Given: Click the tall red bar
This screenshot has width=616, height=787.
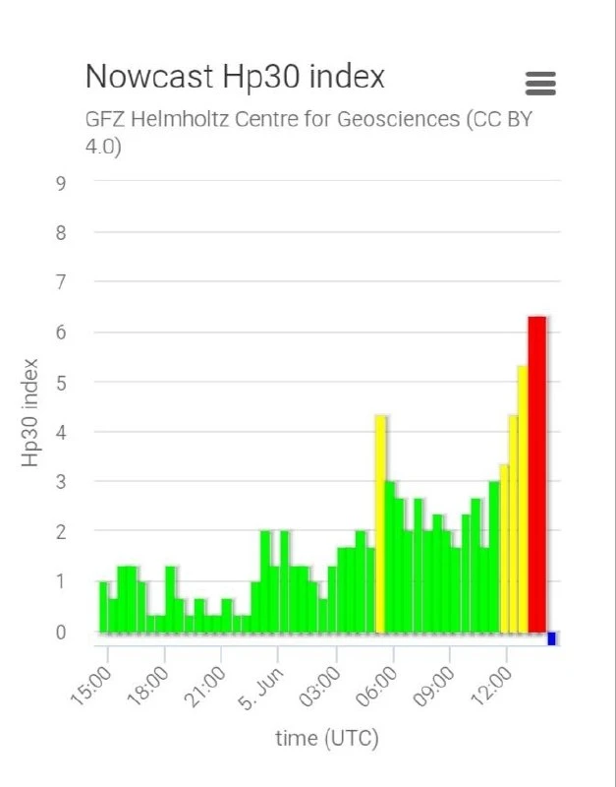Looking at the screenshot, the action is click(536, 474).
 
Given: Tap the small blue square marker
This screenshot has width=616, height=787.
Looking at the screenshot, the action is click(551, 638).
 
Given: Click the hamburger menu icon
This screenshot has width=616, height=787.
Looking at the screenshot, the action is click(540, 83).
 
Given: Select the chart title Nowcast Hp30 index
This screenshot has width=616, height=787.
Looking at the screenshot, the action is click(235, 77).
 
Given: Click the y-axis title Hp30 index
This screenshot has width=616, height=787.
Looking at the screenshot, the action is click(30, 412).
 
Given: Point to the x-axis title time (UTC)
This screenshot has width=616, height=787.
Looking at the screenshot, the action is click(327, 739).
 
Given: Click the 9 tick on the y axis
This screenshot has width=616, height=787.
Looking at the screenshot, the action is click(61, 184).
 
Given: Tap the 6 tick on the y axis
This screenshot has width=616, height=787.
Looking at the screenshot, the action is click(61, 333).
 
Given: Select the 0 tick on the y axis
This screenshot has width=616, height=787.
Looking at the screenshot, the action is click(61, 633).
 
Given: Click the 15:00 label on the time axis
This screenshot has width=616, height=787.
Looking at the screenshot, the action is click(91, 686).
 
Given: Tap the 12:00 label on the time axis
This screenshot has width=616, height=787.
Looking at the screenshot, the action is click(492, 686).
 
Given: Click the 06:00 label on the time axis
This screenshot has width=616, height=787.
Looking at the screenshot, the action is click(377, 686).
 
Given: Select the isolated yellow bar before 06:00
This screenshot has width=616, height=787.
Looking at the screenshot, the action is click(380, 524).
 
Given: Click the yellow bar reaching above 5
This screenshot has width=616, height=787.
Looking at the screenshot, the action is click(523, 500).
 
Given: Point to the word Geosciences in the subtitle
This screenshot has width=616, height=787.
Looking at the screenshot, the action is click(399, 119).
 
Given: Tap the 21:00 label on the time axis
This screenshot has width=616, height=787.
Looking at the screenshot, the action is click(206, 686).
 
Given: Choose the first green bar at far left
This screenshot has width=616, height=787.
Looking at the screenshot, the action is click(104, 607).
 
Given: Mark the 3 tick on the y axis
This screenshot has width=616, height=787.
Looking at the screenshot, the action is click(61, 482).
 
